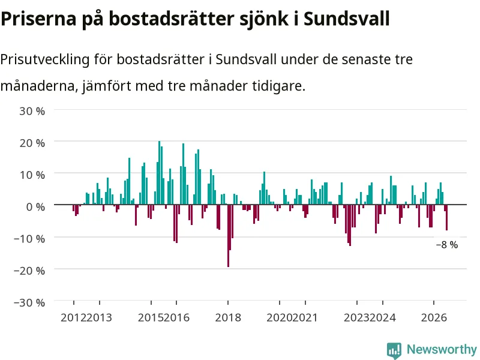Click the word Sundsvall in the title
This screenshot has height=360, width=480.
tap(347, 19)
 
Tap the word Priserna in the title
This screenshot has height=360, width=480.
tap(38, 19)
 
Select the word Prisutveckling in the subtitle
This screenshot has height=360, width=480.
tap(44, 59)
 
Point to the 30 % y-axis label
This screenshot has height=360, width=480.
tap(32, 111)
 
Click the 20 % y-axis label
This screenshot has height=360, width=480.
tap(32, 143)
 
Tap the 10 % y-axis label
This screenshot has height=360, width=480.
tap(32, 175)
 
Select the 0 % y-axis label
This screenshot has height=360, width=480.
tap(35, 206)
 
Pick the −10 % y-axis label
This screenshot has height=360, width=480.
tap(29, 238)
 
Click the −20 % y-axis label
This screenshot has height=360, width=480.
tap(29, 271)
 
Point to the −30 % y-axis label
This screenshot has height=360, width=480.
tap(29, 302)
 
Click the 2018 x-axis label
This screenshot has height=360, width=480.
tap(228, 317)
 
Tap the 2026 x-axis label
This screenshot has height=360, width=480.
tap(434, 317)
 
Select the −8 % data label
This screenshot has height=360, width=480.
tap(447, 245)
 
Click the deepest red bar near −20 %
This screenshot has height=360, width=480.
tap(229, 236)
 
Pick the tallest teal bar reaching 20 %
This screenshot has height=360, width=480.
tap(159, 173)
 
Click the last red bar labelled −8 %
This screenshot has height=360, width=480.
tap(446, 217)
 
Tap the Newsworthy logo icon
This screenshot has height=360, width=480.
tap(394, 350)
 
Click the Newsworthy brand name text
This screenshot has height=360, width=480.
tap(442, 349)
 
